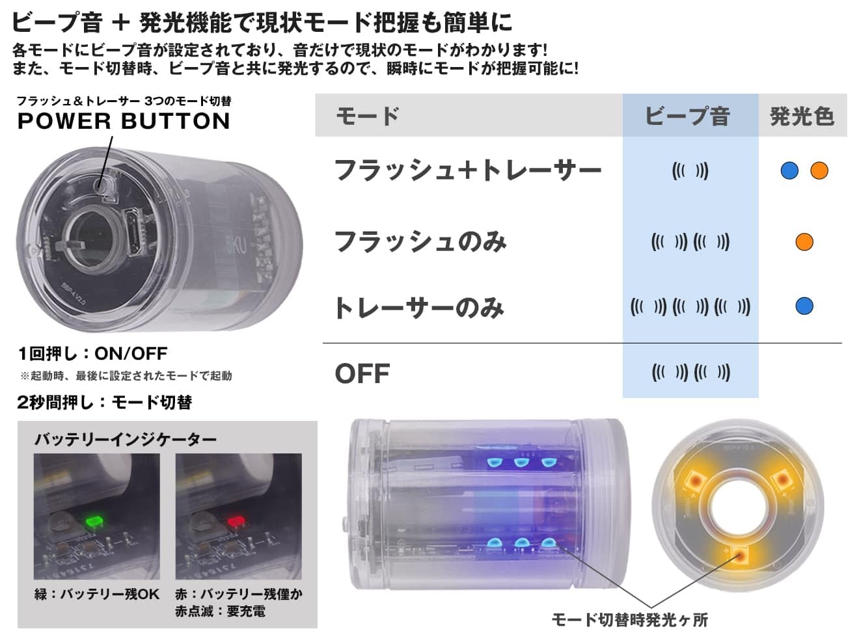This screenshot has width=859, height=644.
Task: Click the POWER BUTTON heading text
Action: [x=124, y=121]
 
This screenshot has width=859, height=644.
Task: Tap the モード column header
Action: [x=367, y=116]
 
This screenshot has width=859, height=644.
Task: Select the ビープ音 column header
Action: [x=687, y=116]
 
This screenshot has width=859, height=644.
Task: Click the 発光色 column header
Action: [x=802, y=116]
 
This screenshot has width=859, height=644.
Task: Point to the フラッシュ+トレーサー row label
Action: [x=467, y=170]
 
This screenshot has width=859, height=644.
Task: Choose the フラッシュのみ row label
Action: [x=420, y=242]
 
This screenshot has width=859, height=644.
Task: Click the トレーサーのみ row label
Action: [x=419, y=307]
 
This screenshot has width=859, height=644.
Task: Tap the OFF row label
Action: [x=362, y=373]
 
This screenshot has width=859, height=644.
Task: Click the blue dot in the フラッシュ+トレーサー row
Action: [x=789, y=170]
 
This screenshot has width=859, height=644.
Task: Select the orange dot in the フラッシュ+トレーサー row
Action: [x=819, y=170]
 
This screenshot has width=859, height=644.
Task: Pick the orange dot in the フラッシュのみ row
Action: [x=804, y=242]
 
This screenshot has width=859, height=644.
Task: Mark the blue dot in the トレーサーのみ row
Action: [x=804, y=306]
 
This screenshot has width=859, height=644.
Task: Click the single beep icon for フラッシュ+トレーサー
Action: [x=690, y=171]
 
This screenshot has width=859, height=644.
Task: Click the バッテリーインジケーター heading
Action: [x=125, y=440]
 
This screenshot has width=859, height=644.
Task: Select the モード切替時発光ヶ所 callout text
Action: [x=629, y=619]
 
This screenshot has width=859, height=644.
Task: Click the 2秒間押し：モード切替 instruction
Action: [x=105, y=403]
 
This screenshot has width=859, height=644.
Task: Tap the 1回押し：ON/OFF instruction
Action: [x=92, y=354]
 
